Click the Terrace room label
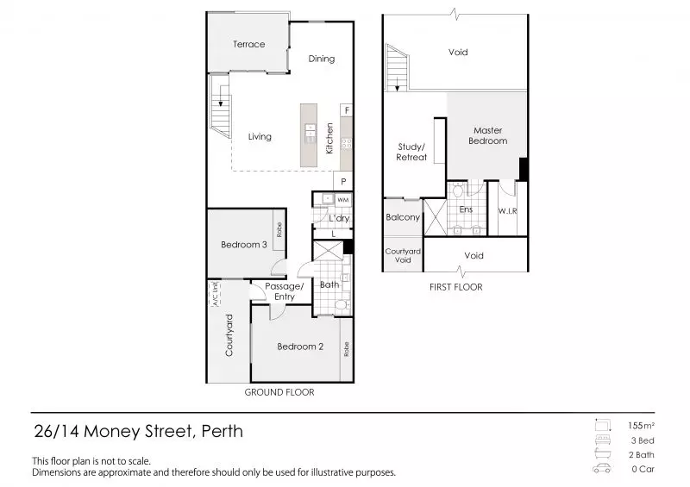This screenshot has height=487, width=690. point(248,44)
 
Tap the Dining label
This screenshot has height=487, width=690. point(322,59)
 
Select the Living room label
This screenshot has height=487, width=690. point(260,136)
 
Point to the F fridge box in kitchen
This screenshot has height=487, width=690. point(346,110)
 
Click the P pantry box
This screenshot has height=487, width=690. point(343,182)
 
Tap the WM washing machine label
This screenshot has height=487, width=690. point(342,200)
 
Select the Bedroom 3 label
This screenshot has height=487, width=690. point(243,245)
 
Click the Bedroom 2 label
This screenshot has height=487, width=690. point(300,347)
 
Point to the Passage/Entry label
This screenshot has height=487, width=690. point(284,291)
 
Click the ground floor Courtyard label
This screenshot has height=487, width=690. point(229,335)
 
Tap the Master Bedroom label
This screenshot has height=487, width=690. point(487,135)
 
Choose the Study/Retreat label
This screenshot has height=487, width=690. point(411,152)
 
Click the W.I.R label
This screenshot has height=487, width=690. point(506,210)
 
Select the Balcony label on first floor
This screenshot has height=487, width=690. point(403,217)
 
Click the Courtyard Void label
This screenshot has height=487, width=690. point(403,255)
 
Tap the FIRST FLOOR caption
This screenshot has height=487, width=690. point(455,287)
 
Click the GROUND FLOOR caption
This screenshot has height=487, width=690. point(279,391)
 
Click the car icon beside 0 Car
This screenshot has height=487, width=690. point(601,469)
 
